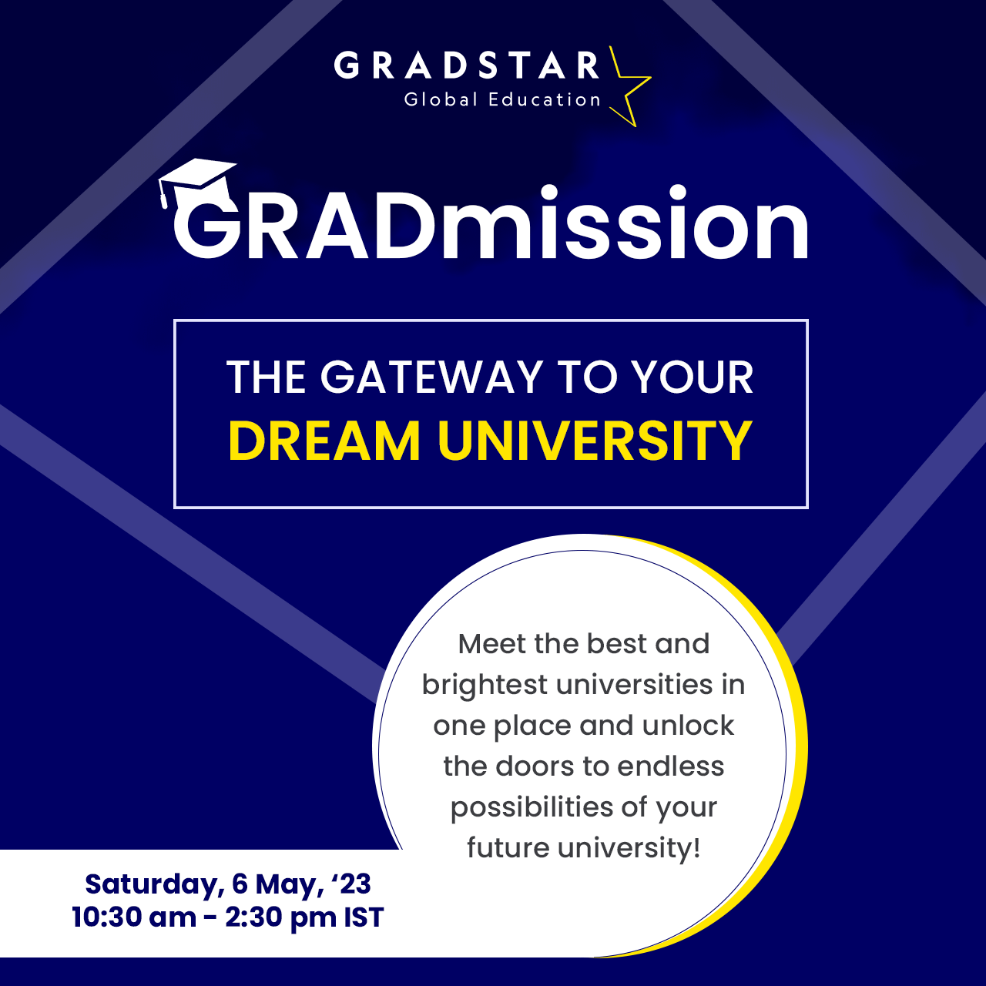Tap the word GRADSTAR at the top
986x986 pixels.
click(466, 65)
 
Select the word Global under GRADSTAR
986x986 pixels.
click(441, 99)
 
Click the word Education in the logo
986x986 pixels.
click(545, 99)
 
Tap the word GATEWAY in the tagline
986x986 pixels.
click(431, 377)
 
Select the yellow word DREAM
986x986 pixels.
click(324, 441)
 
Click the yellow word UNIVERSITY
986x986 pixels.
click(595, 441)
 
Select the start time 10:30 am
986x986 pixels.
click(134, 917)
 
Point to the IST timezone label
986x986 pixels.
click(364, 917)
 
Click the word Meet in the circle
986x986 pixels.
click(491, 644)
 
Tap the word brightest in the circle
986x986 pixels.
click(485, 686)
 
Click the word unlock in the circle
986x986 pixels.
click(688, 726)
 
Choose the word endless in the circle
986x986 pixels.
click(671, 766)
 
